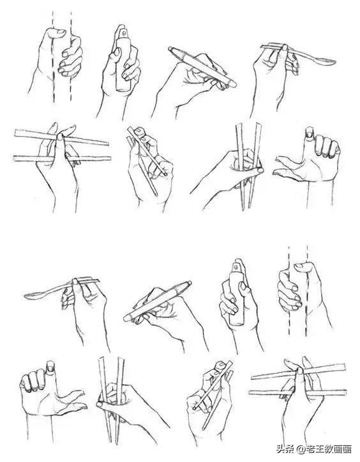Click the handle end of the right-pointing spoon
pos(262,47)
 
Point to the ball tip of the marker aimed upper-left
pos(170,48)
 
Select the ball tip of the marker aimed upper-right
pos(189,283)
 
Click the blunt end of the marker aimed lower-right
pos(234,84)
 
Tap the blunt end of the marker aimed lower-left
pos(126,318)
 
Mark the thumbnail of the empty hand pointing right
pos(50,366)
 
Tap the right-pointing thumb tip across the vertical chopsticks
pos(260,170)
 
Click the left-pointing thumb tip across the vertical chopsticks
pos(100,404)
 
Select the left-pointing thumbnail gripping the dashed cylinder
pos(299,265)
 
